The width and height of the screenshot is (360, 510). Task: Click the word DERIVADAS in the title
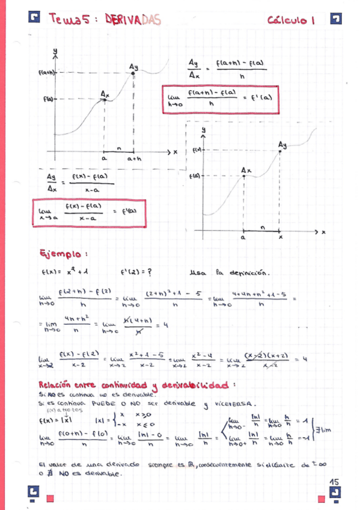point(133,20)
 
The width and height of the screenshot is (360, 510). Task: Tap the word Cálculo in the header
point(288,20)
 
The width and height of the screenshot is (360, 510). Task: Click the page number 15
point(335,482)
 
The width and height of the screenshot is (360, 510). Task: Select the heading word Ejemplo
point(59,253)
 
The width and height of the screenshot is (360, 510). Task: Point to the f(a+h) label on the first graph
point(47,73)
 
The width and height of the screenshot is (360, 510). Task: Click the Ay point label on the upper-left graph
point(133,66)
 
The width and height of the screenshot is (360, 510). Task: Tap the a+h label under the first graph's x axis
point(133,159)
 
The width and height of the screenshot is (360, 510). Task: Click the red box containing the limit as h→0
point(221,98)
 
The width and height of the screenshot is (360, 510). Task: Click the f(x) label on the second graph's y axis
point(197,150)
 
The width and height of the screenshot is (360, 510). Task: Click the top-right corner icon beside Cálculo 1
point(336,19)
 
